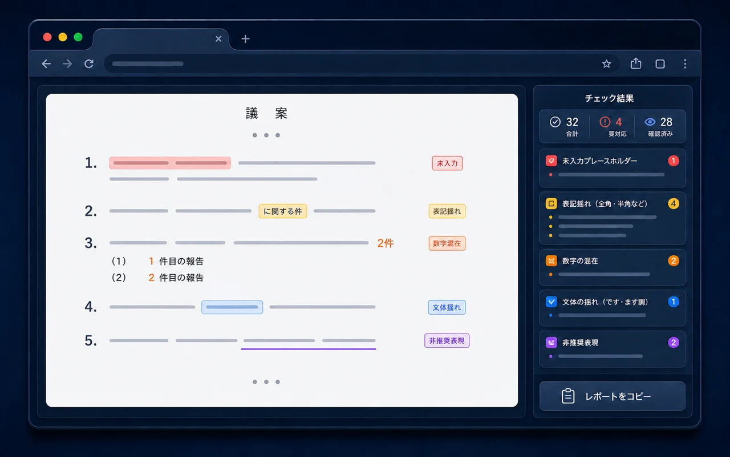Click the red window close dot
tap(47, 37)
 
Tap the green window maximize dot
tap(78, 37)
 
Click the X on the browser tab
tap(218, 39)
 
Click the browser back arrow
tap(46, 63)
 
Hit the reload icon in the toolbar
tap(89, 63)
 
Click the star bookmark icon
tap(606, 63)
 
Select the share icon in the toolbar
tap(635, 63)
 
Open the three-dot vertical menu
tap(685, 63)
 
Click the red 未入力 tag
tap(447, 163)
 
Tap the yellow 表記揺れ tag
tap(447, 211)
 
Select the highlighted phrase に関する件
tap(283, 211)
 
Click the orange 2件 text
tap(386, 243)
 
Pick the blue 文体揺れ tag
tap(447, 307)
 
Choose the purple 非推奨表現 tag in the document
tap(447, 340)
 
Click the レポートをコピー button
tap(613, 396)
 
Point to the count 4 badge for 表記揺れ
tap(674, 204)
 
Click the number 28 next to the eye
tap(666, 122)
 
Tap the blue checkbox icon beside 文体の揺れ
tap(551, 302)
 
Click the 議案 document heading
tap(266, 113)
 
